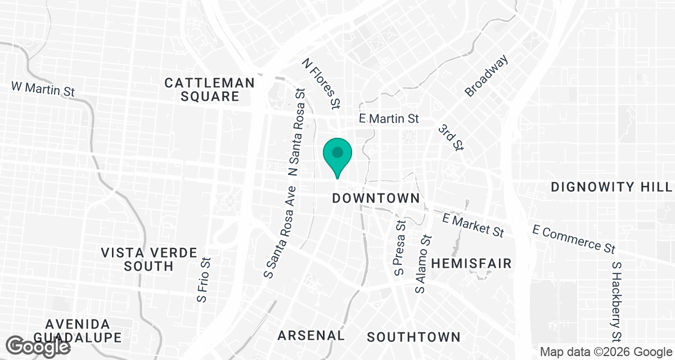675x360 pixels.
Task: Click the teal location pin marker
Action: (x=337, y=154)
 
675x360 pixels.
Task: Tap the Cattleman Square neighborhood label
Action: (x=210, y=89)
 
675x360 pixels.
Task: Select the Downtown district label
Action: (x=376, y=198)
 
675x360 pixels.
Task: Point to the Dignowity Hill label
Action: (x=612, y=187)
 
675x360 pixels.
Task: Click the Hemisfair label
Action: (x=471, y=263)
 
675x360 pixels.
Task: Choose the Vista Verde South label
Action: (x=149, y=259)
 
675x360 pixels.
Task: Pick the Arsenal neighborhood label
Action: (x=311, y=336)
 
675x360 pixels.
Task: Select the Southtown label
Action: (x=413, y=337)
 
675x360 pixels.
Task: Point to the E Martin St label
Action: (x=390, y=119)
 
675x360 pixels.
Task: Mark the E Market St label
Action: (x=472, y=224)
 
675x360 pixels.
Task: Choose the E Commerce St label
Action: (x=574, y=238)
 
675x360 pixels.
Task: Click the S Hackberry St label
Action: (x=617, y=301)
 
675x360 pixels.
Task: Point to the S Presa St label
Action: (x=400, y=247)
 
